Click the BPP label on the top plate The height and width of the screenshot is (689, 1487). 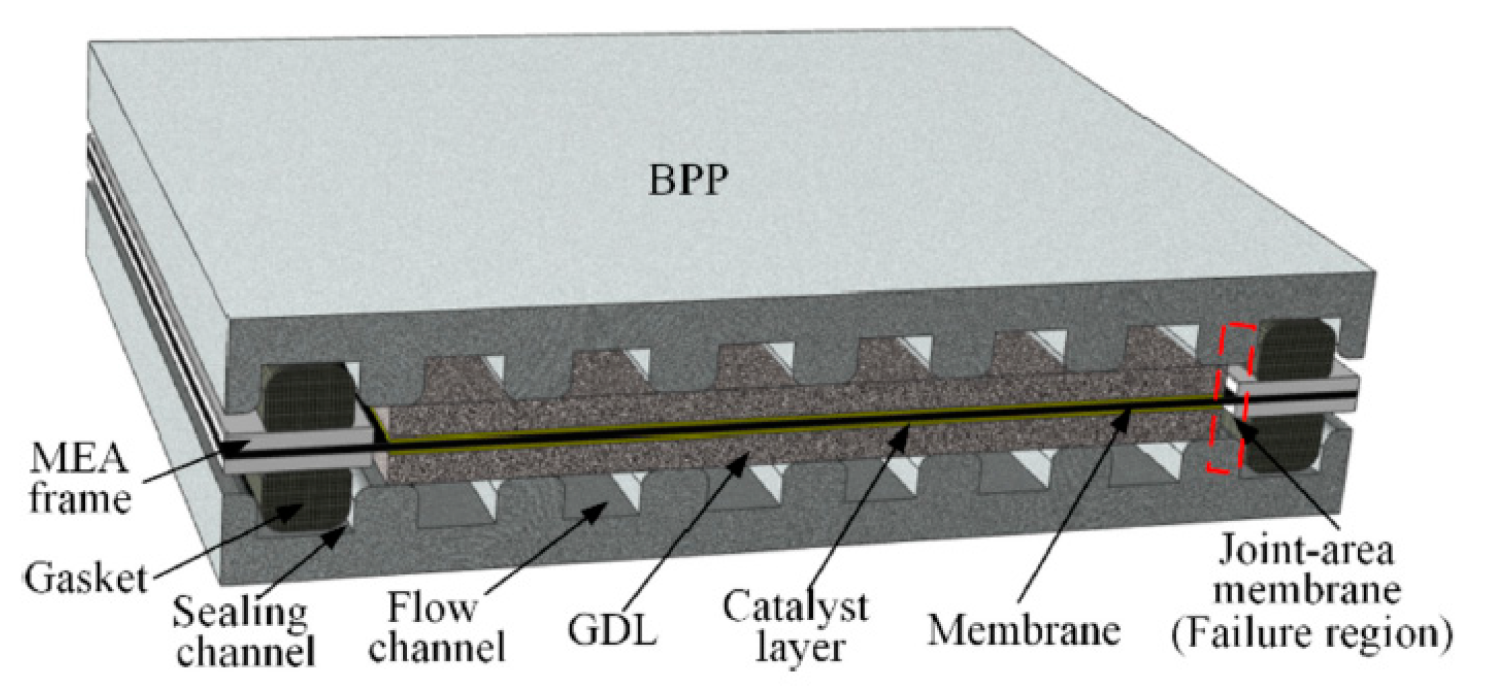[688, 180]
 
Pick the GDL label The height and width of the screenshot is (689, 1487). [612, 629]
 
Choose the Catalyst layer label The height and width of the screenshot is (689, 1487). [795, 626]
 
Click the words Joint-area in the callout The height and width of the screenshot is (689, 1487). [1306, 550]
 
